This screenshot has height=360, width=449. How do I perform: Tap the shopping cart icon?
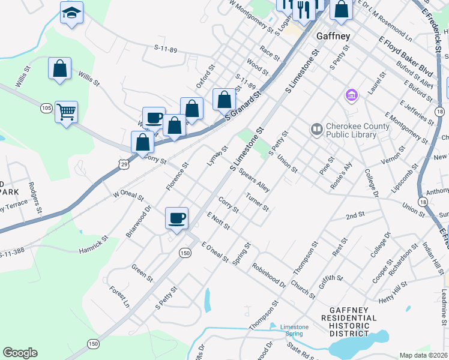[x=66, y=111]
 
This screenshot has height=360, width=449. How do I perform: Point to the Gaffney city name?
[x=333, y=36]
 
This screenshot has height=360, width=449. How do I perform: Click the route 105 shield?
[x=46, y=108]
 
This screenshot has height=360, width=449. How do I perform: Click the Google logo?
[x=20, y=353]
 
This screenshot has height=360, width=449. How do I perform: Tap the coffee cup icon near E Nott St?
[x=176, y=218]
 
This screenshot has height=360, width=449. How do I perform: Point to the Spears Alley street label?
[x=254, y=180]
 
